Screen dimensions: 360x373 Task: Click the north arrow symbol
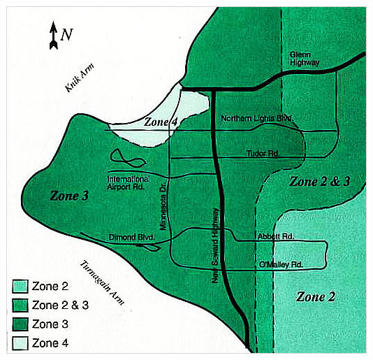point(53,36)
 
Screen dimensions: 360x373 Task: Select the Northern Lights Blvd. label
point(256,118)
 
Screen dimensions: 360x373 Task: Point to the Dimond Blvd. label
point(131,238)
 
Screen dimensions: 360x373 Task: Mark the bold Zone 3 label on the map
point(69,196)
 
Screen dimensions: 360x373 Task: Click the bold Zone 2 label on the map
point(316,296)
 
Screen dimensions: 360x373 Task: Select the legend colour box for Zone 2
point(20,286)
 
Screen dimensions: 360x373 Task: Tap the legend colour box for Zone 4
point(20,343)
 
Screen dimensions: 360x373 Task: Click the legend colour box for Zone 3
point(20,324)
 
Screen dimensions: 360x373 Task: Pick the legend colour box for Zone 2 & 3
point(20,305)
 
